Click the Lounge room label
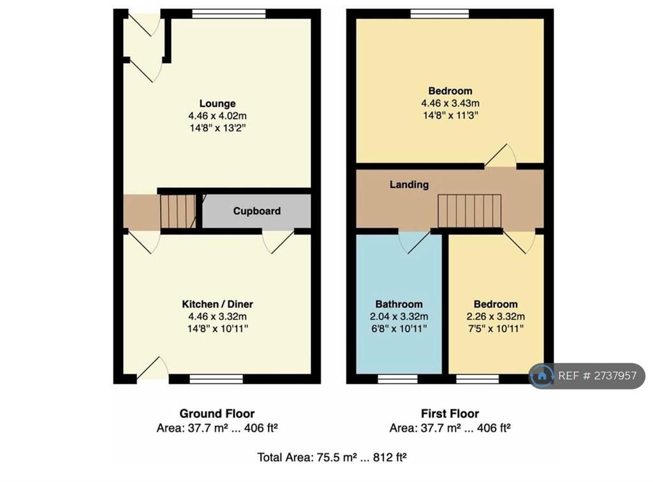click(217, 103)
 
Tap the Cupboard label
click(256, 211)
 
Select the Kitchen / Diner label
click(217, 304)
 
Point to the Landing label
click(409, 184)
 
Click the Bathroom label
click(399, 304)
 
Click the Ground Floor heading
click(217, 413)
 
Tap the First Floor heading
click(450, 413)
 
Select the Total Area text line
click(332, 457)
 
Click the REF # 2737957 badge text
click(597, 376)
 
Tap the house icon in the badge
click(542, 376)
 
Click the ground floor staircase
click(179, 212)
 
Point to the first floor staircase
click(469, 211)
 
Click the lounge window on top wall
click(229, 14)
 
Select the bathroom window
click(398, 379)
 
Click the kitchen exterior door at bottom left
click(152, 368)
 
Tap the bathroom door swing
click(414, 242)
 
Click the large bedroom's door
click(501, 156)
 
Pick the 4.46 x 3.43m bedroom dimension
click(450, 103)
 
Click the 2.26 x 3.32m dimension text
click(495, 316)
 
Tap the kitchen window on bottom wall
click(216, 379)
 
